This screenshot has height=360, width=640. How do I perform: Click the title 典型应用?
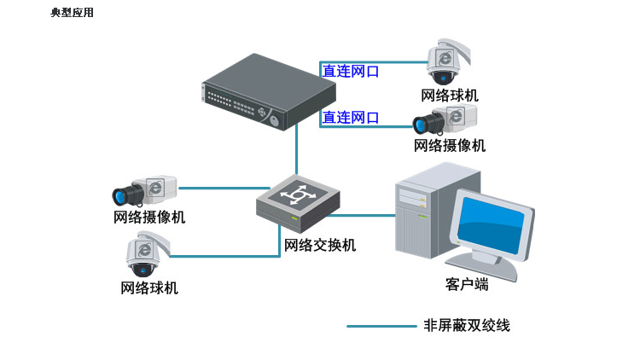(72, 12)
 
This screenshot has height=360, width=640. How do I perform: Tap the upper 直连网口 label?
(351, 72)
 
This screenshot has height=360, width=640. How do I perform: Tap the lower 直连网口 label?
(351, 118)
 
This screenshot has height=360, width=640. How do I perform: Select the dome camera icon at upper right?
(445, 61)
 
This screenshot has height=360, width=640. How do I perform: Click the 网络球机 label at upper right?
(450, 95)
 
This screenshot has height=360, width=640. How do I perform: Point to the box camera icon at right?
(445, 120)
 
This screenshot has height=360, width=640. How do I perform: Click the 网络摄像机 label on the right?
(450, 146)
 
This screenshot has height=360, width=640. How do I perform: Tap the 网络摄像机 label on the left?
(149, 218)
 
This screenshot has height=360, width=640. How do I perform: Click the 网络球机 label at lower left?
(149, 288)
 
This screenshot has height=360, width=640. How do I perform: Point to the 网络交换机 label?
(320, 246)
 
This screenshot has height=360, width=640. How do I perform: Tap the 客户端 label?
(467, 284)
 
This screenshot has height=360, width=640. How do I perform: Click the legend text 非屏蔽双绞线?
(467, 326)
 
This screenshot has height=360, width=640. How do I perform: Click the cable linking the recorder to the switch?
(297, 154)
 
